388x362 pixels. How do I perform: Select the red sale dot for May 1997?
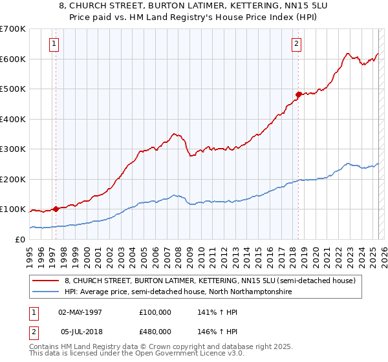[x=56, y=209]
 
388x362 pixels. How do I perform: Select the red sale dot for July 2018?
[x=299, y=94]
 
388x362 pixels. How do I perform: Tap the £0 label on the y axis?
[x=21, y=239]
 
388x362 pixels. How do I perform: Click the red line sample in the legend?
[x=45, y=281]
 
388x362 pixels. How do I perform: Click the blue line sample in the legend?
[x=45, y=292]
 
